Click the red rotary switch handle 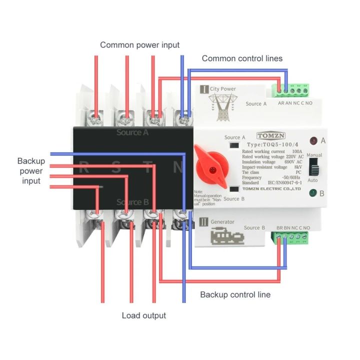[209, 163]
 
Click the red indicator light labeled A [313, 140]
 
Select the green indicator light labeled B [313, 193]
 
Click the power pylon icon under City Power [220, 107]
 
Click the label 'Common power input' [139, 45]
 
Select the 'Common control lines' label [242, 58]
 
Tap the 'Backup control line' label [235, 294]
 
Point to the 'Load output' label [144, 315]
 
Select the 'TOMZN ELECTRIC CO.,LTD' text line [270, 189]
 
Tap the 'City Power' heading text [222, 89]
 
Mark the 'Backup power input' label [31, 170]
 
